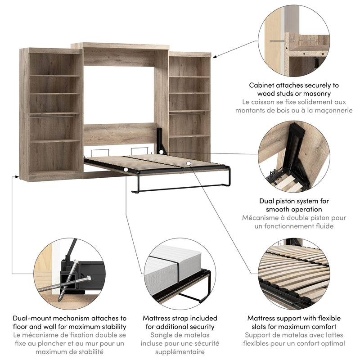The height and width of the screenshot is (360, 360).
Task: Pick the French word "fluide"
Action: tap(322, 226)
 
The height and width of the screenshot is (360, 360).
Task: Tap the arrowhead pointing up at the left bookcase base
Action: tap(13, 178)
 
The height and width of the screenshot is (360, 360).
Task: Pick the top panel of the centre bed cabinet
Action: tap(120, 46)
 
